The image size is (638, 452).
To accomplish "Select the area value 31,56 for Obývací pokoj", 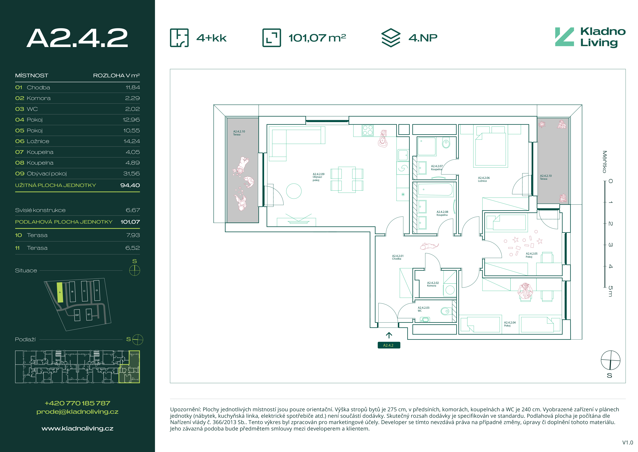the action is click(131, 174).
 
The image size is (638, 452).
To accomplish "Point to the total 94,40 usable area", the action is click(130, 185).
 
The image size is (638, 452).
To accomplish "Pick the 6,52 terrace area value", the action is click(133, 248).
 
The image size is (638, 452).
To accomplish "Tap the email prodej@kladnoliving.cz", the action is click(78, 412).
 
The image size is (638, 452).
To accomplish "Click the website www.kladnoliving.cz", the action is click(78, 429).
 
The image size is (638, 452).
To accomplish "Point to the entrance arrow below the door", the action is click(389, 335).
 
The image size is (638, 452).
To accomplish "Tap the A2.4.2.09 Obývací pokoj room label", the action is click(318, 177).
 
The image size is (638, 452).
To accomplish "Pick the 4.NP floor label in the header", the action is click(423, 38).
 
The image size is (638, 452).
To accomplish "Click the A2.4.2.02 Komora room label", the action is click(433, 284).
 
